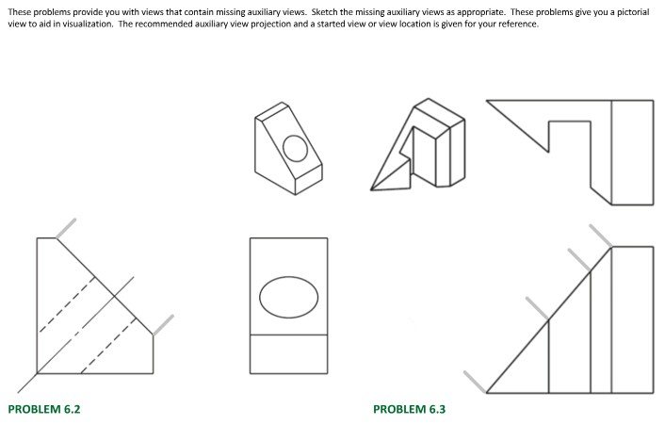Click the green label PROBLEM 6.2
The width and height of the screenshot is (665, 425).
click(44, 409)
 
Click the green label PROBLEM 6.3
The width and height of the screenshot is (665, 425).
click(409, 409)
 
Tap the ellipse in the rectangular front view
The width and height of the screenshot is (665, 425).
click(289, 298)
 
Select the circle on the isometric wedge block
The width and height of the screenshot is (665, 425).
click(295, 149)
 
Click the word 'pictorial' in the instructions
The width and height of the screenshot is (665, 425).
click(633, 12)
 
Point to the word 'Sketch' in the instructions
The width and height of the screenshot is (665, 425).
click(324, 12)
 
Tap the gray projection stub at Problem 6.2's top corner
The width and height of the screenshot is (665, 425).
click(66, 229)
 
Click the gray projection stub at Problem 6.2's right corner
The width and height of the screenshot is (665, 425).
click(163, 325)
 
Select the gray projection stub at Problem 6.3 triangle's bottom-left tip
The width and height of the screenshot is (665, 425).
click(475, 383)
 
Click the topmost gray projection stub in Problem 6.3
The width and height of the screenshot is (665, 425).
click(601, 236)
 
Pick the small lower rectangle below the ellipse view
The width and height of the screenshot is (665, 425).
click(289, 354)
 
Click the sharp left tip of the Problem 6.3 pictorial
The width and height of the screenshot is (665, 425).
click(371, 189)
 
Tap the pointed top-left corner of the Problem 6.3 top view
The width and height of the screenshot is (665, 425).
click(487, 101)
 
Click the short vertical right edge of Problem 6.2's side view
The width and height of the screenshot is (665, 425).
click(154, 354)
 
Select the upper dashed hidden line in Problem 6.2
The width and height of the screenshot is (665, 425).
click(67, 304)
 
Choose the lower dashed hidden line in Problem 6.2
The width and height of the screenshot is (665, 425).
click(108, 345)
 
